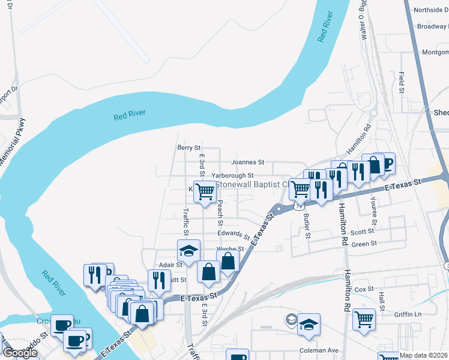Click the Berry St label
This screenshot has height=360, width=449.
(x=188, y=148)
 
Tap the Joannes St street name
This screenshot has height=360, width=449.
(x=247, y=162)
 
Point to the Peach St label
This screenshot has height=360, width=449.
(x=220, y=209)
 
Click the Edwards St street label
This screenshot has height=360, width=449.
(x=234, y=234)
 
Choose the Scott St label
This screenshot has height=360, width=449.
(x=362, y=232)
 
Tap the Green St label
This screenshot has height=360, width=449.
(x=364, y=244)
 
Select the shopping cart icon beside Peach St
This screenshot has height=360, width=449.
(x=205, y=192)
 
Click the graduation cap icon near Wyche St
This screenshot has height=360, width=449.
(x=188, y=250)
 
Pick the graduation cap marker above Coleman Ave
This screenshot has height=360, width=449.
(x=309, y=324)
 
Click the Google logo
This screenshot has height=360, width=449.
(x=20, y=353)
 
